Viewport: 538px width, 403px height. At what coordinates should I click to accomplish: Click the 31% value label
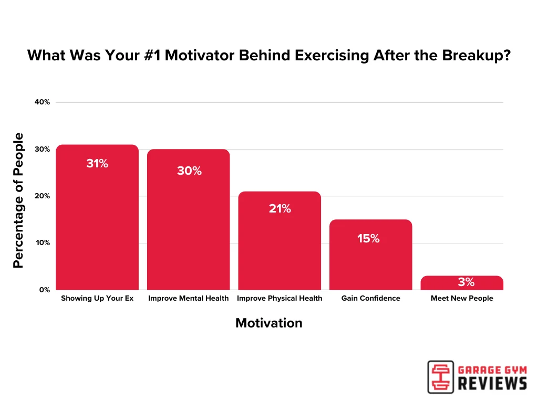[97, 163]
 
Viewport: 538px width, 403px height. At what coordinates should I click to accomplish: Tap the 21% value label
[280, 208]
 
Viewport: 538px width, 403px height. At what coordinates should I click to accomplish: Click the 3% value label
[466, 282]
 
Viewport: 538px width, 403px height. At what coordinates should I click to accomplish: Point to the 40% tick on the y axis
[42, 102]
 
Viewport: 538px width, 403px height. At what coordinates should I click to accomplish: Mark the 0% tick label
[44, 290]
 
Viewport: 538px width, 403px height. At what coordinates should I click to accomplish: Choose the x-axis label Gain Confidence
[370, 298]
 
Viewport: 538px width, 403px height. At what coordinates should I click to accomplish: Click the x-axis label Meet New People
[462, 298]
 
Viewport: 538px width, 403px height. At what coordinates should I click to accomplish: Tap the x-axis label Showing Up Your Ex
[97, 298]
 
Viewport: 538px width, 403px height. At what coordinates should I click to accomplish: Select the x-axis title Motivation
[268, 323]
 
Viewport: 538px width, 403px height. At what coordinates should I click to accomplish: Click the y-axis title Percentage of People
[18, 200]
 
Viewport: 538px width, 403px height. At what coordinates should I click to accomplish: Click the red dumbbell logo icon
[440, 376]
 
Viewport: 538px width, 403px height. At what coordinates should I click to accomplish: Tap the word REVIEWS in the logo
[493, 384]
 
